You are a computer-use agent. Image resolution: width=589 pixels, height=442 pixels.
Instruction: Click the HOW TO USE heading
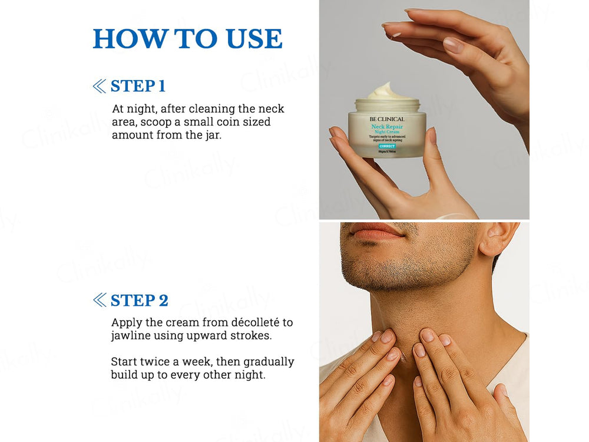[x=187, y=39]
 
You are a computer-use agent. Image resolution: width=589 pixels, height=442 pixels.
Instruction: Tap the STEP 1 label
[x=138, y=86]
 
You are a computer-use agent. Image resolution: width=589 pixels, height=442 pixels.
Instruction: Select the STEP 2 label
[x=139, y=300]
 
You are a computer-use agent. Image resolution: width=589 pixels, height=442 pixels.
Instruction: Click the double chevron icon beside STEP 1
[x=99, y=87]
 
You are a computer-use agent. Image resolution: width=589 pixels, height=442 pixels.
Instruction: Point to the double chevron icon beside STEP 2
[x=99, y=300]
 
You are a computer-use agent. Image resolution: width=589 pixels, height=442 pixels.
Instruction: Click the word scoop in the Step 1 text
[x=167, y=122]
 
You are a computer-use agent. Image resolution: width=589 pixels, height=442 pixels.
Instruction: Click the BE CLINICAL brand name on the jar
[x=387, y=119]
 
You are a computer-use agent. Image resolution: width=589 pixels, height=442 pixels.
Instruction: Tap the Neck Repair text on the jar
[x=386, y=127]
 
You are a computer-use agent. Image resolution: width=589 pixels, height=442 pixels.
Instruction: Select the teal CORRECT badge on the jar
[x=387, y=146]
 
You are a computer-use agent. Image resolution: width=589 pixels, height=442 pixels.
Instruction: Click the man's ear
[x=497, y=239]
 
